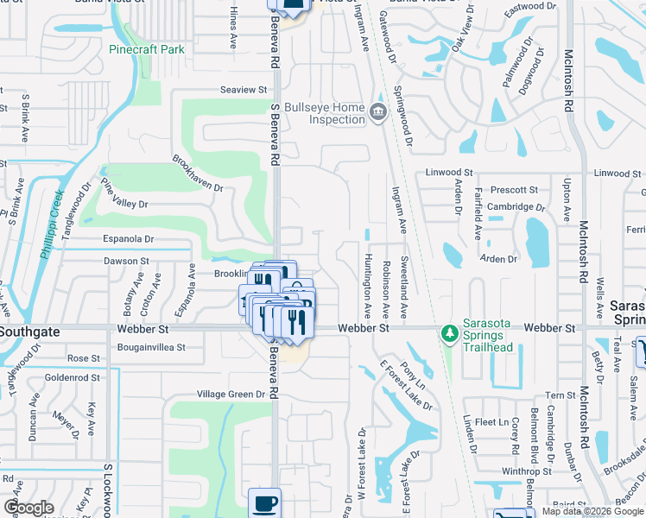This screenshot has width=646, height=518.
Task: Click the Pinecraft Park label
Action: [147, 49]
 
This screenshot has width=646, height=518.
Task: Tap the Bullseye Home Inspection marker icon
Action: [377, 112]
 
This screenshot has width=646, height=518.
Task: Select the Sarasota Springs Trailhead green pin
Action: [448, 332]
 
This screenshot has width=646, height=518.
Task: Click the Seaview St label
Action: [244, 90]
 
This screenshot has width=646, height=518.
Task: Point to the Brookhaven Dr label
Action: [198, 174]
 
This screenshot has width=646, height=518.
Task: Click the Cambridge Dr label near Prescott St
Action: [516, 207]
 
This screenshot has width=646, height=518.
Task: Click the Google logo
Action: [28, 508]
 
